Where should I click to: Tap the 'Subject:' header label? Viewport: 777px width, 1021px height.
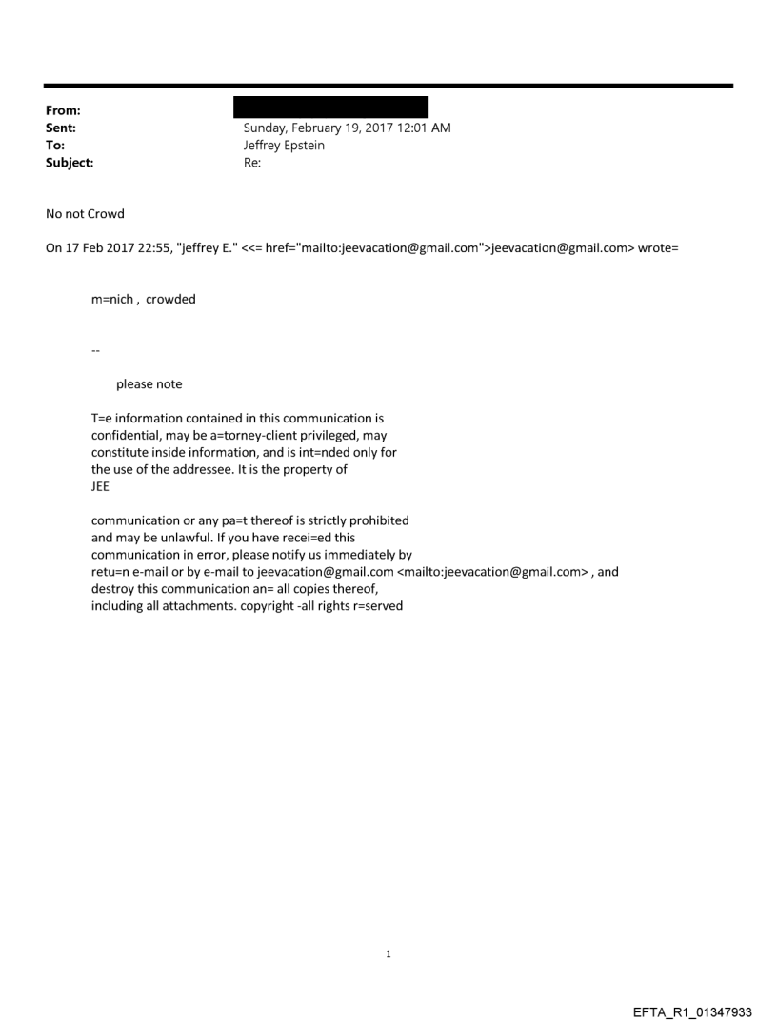[x=67, y=163]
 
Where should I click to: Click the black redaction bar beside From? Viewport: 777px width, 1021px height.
[x=330, y=107]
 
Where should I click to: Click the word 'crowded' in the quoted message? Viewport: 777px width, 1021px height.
[x=170, y=300]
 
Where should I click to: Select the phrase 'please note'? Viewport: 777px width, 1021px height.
[x=149, y=384]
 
